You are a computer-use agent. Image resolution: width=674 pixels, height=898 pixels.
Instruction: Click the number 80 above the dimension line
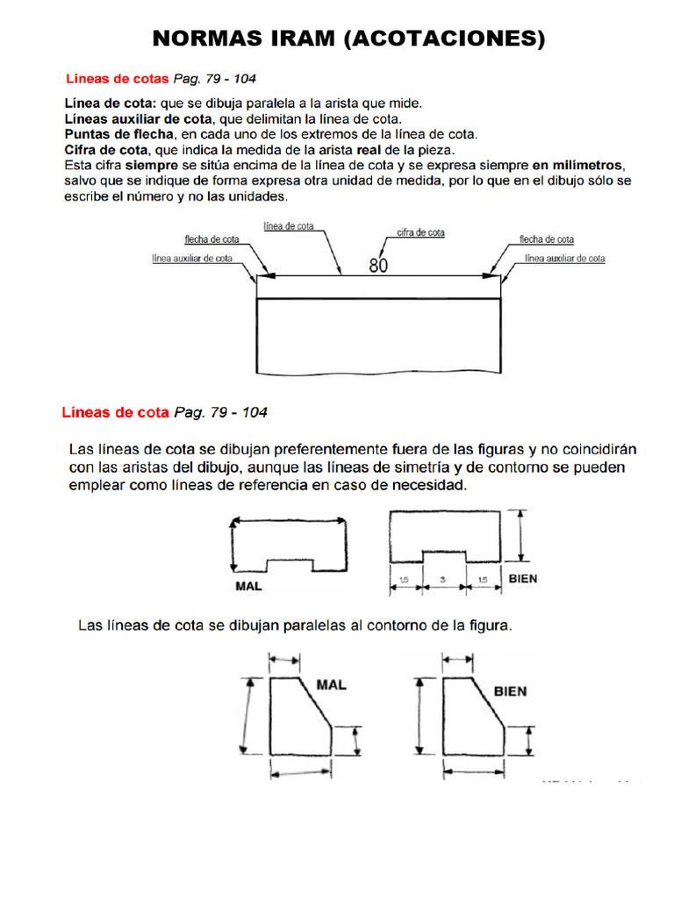click(x=378, y=266)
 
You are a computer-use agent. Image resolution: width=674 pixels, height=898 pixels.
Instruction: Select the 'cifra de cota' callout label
click(x=420, y=232)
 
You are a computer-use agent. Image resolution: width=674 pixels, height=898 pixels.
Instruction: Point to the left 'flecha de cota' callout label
click(x=212, y=239)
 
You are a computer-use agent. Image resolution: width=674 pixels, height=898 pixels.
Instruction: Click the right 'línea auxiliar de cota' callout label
click(x=564, y=259)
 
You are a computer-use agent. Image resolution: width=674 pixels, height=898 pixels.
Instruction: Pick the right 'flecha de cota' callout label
click(x=547, y=239)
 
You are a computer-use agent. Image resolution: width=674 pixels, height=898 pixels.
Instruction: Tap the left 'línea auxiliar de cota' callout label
click(x=192, y=259)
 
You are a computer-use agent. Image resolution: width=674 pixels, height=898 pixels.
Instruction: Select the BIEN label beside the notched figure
click(x=523, y=579)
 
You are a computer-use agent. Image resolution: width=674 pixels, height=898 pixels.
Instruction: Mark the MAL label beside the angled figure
click(x=331, y=685)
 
